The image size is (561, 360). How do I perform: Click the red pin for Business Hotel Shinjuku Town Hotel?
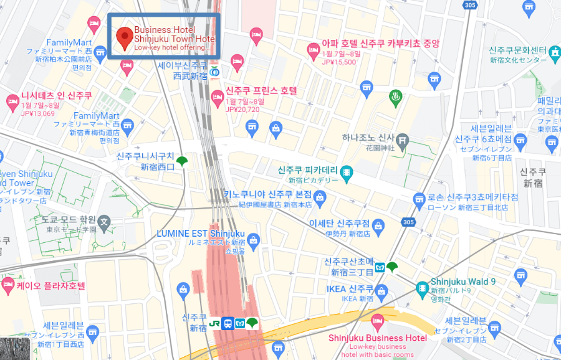point(124,36)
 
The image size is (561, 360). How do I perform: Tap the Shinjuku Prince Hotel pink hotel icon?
point(218,97)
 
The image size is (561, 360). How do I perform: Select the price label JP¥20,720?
point(242,109)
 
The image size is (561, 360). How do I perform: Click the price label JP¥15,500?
point(339,62)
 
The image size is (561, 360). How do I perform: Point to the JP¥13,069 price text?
point(38,113)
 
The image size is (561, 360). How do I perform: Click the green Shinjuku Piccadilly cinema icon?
point(346,171)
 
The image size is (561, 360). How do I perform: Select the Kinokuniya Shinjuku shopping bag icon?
point(320,199)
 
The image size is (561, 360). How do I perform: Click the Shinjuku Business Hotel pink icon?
point(376,321)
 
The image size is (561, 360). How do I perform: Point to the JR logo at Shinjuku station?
point(214,324)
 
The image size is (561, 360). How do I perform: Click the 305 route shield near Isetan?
point(408,222)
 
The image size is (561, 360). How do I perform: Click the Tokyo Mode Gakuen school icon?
point(105,220)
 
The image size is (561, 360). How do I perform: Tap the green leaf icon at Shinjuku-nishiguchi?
point(182,162)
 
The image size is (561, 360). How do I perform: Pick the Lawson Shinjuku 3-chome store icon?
point(419,199)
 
